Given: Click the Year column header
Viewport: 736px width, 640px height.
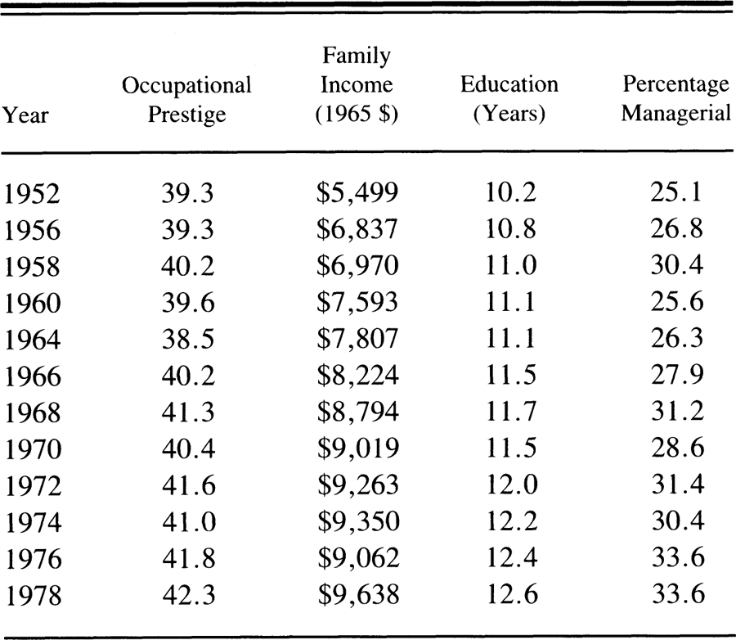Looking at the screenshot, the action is tap(25, 115).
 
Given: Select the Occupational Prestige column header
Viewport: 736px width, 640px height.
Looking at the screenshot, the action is tap(186, 100).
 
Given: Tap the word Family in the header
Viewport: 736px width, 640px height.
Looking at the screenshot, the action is tap(357, 56).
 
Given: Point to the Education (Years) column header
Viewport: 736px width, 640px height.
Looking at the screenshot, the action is tap(509, 99).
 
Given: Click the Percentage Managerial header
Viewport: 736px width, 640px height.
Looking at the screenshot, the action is tap(676, 99).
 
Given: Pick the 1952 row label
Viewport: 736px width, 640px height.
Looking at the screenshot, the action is tap(32, 194).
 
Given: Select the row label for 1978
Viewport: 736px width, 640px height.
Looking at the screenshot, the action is tap(34, 595).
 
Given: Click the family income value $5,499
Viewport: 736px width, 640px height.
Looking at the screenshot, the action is tap(357, 192).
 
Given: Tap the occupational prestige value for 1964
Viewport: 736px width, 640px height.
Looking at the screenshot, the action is tap(188, 339).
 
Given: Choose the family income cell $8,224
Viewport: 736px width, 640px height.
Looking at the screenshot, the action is tap(358, 376).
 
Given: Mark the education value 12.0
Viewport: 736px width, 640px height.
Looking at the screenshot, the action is tap(512, 485).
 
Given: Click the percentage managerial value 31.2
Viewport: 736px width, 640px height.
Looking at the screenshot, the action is tap(677, 412).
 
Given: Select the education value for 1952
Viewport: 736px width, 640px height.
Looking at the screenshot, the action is tap(510, 192).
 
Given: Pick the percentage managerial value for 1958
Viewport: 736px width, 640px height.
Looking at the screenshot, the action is tap(677, 265).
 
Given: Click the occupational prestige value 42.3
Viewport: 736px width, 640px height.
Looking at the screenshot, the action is tap(189, 594).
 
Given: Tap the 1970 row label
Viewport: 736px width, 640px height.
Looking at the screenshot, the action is tap(33, 449).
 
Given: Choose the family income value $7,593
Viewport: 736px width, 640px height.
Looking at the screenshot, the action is tap(357, 302).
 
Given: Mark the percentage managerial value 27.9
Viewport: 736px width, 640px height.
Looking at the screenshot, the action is tap(677, 375).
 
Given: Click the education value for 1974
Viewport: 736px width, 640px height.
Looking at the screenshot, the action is tap(512, 521).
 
